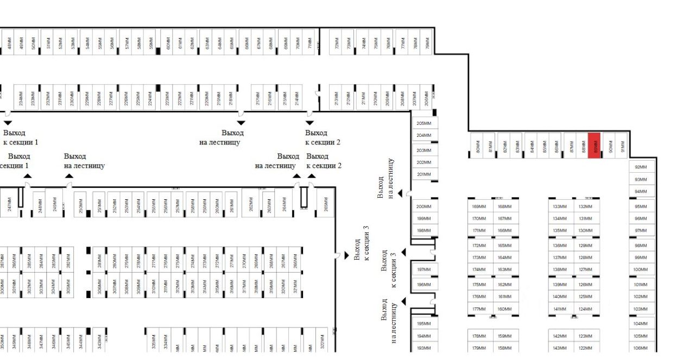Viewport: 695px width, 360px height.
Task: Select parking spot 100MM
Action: click(x=641, y=270)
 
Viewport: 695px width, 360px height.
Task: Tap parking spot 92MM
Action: click(x=641, y=167)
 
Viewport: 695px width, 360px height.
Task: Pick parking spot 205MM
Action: click(x=424, y=124)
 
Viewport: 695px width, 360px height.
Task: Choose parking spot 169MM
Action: click(x=479, y=206)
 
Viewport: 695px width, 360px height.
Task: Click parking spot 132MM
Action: click(x=585, y=206)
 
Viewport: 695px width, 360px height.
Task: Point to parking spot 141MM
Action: click(x=560, y=310)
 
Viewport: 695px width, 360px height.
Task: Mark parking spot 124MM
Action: click(x=585, y=310)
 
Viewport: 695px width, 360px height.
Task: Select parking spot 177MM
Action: click(x=479, y=310)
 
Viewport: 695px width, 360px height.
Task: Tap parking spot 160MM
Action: click(x=505, y=310)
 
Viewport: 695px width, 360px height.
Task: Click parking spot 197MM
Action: click(x=424, y=270)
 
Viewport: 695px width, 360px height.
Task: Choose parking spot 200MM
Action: click(x=424, y=206)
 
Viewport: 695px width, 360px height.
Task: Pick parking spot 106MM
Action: click(x=641, y=349)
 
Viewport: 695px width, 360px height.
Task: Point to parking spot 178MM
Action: click(x=479, y=336)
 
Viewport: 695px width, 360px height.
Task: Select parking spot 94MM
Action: click(x=641, y=192)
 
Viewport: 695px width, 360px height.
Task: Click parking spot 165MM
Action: click(x=505, y=245)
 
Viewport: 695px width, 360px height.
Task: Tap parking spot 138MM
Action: click(x=560, y=270)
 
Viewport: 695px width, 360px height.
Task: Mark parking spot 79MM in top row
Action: click(x=427, y=42)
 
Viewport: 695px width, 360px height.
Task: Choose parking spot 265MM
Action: click(x=326, y=203)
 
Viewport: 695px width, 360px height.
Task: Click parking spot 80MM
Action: click(x=477, y=146)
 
